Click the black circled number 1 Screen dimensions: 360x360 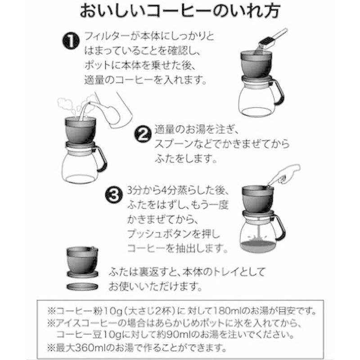pyautogui.click(x=70, y=41)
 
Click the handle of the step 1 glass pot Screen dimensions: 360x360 pyautogui.click(x=279, y=93)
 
